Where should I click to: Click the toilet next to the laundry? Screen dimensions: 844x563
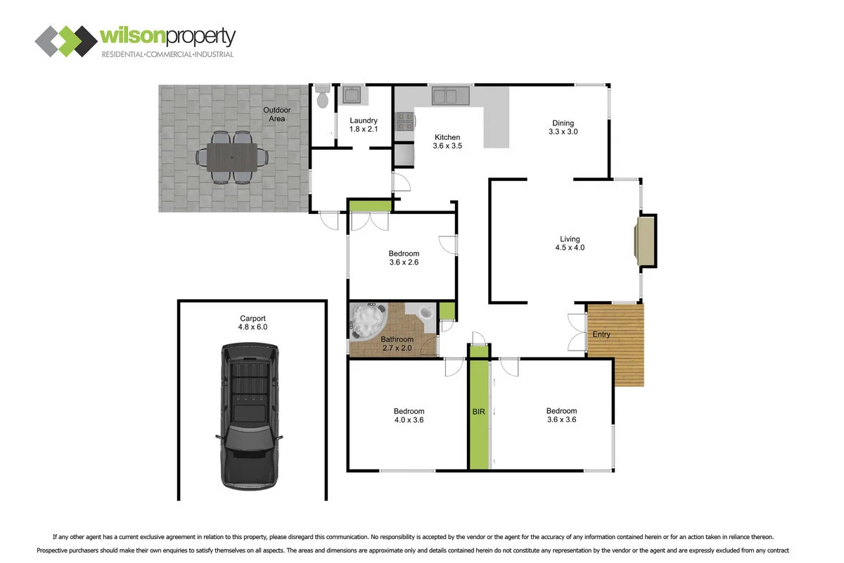(322, 96)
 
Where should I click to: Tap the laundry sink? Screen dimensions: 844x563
(352, 95)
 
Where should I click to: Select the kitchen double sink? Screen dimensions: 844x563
(451, 96)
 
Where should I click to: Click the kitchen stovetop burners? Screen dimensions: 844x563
(405, 122)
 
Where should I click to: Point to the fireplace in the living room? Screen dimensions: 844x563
(646, 241)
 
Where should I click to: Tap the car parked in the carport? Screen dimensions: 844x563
(250, 417)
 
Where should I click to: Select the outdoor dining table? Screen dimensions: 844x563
(232, 157)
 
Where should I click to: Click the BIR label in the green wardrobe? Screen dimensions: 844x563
(478, 412)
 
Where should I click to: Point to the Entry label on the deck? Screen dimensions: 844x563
(601, 334)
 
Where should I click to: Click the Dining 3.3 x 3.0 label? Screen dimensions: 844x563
(563, 127)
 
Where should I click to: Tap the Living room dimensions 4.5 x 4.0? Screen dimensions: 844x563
(570, 248)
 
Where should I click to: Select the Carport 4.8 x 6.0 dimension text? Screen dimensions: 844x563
(252, 327)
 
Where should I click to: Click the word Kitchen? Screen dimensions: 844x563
(447, 137)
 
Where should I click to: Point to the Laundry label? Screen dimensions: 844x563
(363, 120)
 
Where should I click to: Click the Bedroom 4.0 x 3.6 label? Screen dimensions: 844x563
(409, 415)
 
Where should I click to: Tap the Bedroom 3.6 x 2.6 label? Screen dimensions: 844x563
(404, 258)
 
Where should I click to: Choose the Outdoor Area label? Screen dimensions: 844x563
(276, 114)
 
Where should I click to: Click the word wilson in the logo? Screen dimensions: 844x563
(133, 36)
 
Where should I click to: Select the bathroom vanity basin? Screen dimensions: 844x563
(426, 312)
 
